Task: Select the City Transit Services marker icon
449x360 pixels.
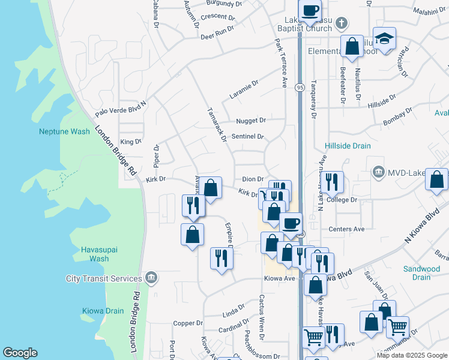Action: [x=151, y=278]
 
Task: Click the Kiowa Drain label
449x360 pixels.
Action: [x=103, y=311]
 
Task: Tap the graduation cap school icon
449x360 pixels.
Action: [x=384, y=39]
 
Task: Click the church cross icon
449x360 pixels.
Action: [x=342, y=25]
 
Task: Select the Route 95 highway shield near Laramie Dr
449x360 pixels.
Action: [x=299, y=88]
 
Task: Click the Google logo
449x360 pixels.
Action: [x=20, y=353]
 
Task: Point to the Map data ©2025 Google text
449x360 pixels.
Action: [x=412, y=355]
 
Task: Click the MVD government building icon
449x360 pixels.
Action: [x=378, y=173]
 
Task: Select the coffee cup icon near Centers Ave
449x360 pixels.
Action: [x=291, y=223]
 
